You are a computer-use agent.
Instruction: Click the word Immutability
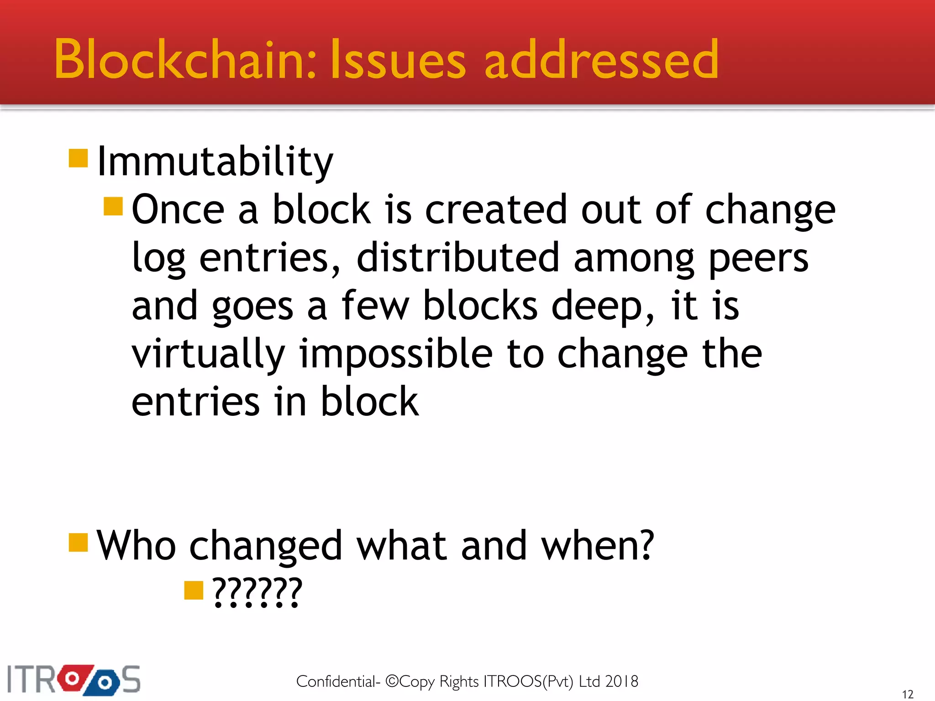tap(215, 162)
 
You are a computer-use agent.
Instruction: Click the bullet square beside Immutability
tap(78, 158)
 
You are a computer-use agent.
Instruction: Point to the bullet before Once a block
tap(113, 206)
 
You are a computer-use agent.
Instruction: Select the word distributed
tap(457, 258)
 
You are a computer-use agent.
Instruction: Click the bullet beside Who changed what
tap(78, 543)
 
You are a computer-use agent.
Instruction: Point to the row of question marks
tap(257, 591)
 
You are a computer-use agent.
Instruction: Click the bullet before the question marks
tap(194, 590)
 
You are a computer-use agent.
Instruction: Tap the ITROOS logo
tap(74, 680)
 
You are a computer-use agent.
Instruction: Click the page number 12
tap(908, 694)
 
